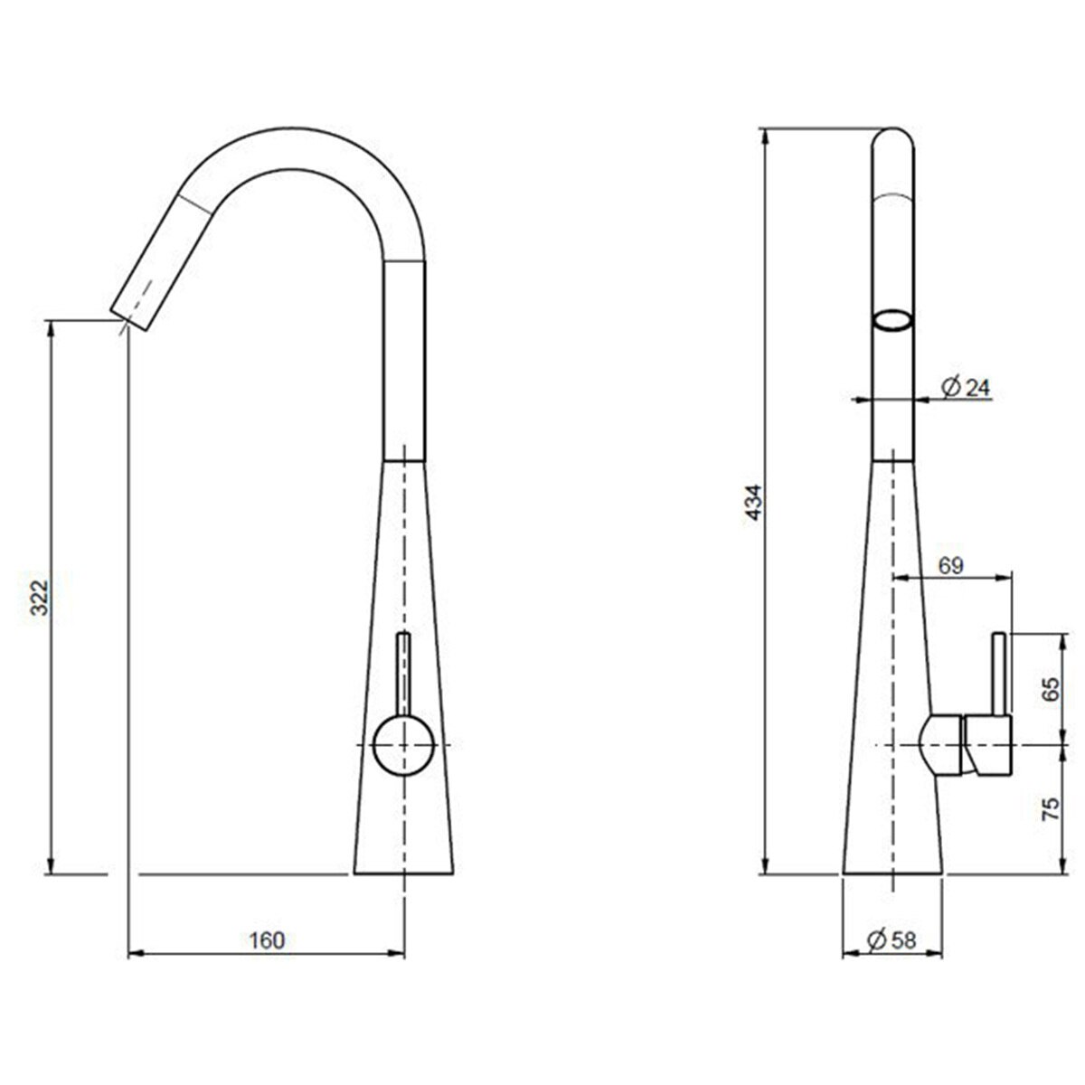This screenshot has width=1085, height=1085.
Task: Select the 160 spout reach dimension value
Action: [267, 940]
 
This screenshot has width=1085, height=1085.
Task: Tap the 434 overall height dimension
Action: [754, 504]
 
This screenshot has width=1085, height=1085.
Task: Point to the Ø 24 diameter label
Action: [966, 388]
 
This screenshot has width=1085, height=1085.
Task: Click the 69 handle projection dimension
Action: [950, 566]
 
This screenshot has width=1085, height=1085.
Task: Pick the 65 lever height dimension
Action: [1049, 691]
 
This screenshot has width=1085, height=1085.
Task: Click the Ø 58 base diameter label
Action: [892, 940]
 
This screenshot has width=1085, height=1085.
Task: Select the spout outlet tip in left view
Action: [127, 316]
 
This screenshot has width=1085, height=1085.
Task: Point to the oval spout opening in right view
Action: [892, 320]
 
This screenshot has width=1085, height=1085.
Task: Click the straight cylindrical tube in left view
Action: [404, 362]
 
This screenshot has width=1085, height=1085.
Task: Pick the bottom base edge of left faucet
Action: [403, 873]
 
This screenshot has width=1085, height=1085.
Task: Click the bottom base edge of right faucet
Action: [892, 873]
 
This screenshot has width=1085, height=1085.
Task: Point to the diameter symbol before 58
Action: [875, 940]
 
